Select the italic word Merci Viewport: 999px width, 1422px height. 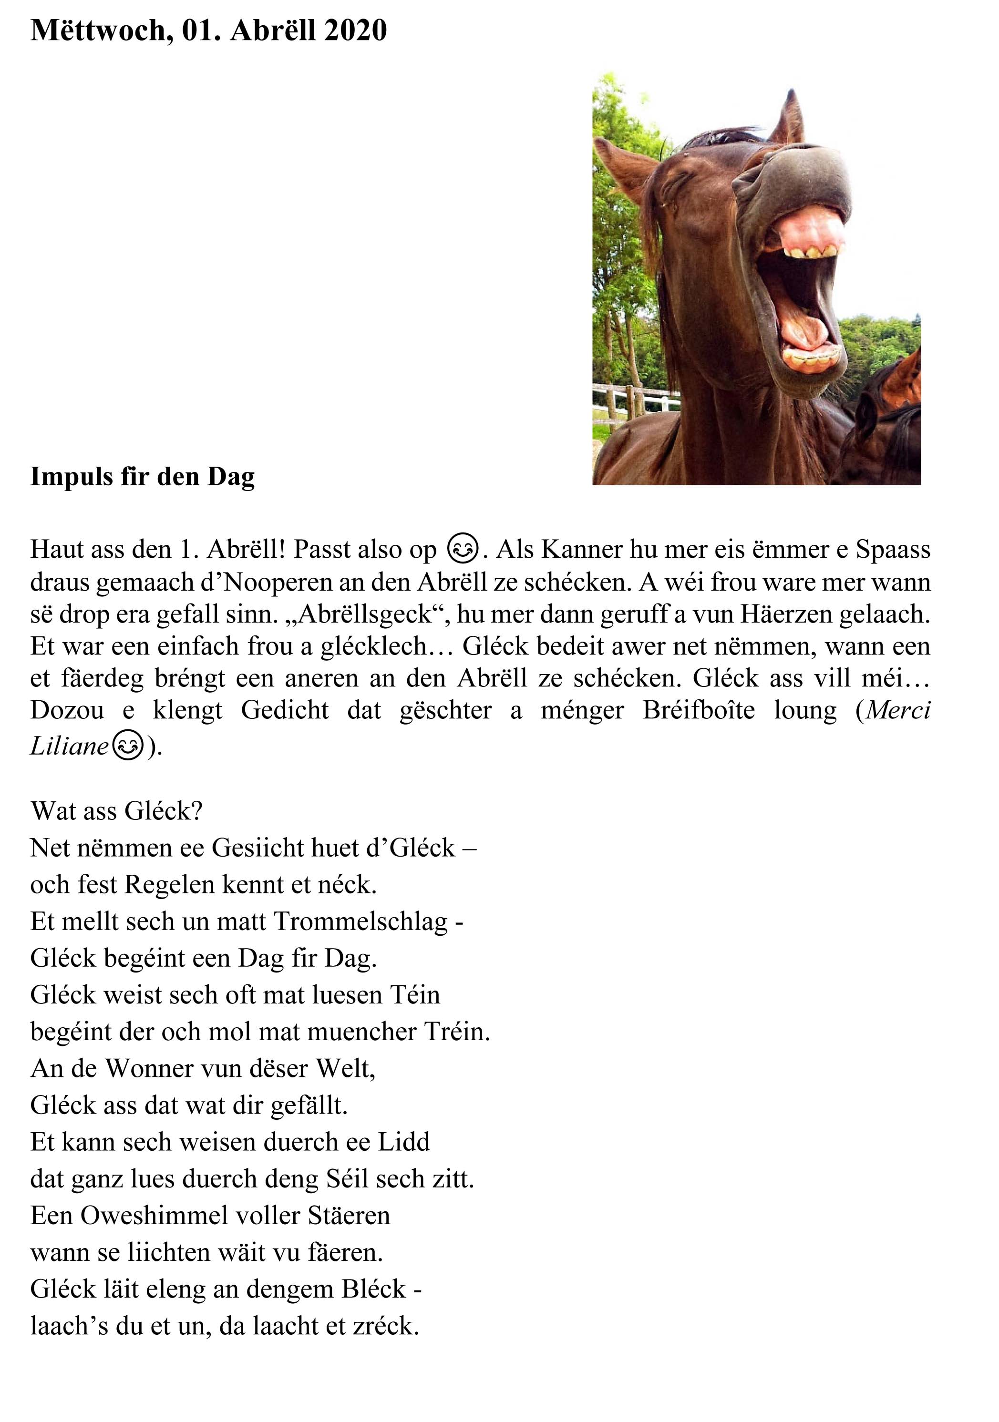[898, 710]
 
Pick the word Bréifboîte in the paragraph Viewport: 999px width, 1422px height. [698, 710]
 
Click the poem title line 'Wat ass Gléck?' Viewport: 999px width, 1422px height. [116, 811]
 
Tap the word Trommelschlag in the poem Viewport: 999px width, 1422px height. [360, 921]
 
